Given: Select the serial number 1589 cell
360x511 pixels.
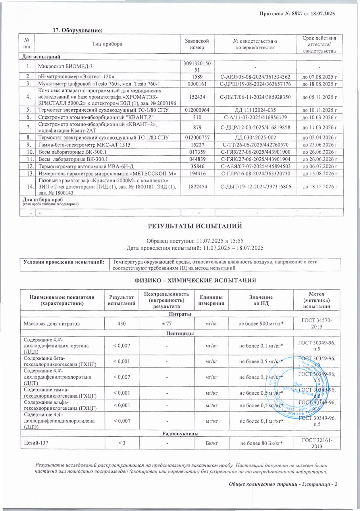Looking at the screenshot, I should (197, 77).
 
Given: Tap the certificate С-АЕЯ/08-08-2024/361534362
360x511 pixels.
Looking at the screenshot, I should (255, 77).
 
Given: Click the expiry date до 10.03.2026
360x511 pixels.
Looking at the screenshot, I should (319, 117).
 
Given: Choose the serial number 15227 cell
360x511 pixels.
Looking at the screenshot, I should (197, 145).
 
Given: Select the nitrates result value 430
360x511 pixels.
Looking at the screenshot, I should (122, 324).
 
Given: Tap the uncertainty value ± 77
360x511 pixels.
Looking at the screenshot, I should (167, 324).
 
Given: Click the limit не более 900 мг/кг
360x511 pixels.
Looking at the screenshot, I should (261, 324).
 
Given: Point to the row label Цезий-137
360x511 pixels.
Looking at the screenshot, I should (36, 443).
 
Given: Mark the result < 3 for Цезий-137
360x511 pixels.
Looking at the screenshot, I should (122, 443).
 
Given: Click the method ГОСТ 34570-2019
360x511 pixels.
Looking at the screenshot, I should (316, 324).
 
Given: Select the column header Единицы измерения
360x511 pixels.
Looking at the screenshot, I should (211, 300).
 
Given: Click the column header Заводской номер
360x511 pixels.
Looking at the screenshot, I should (197, 44).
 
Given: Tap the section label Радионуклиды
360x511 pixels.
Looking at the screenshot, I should (180, 433).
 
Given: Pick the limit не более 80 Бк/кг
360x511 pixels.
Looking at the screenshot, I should (261, 443).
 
